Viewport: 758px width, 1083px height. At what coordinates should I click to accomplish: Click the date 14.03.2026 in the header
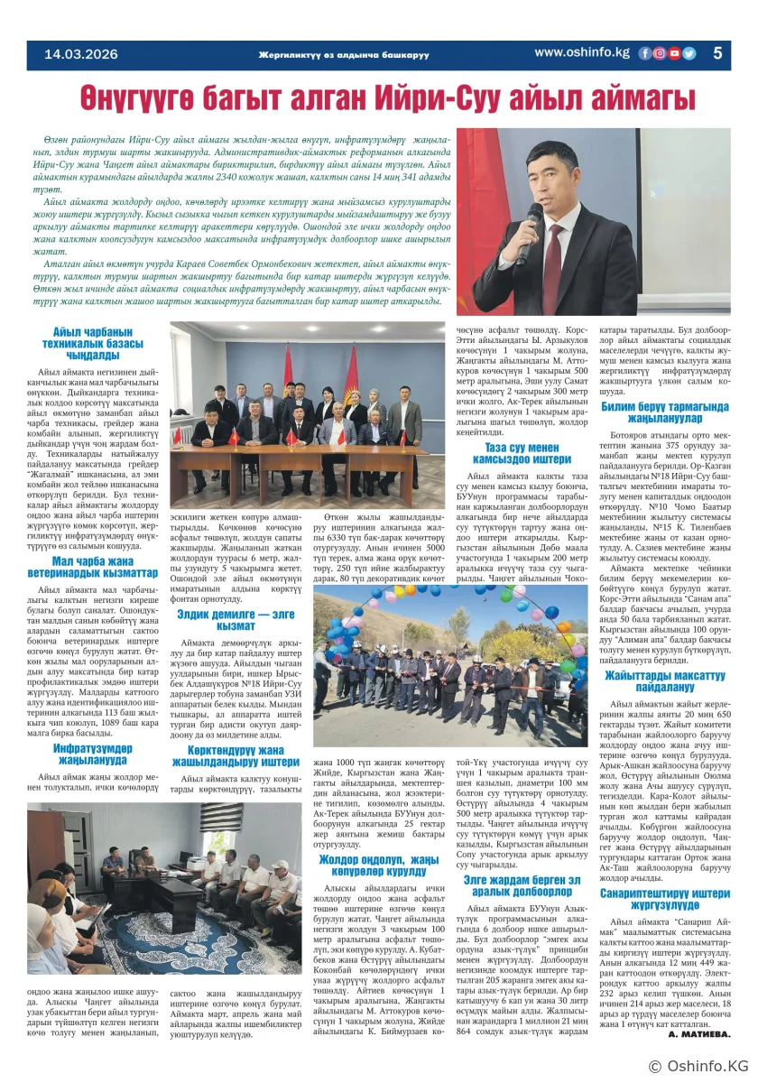point(82,54)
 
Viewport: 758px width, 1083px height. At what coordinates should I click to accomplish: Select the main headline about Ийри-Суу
point(378,97)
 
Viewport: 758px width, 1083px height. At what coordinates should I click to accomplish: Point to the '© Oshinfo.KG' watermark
point(698,1066)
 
